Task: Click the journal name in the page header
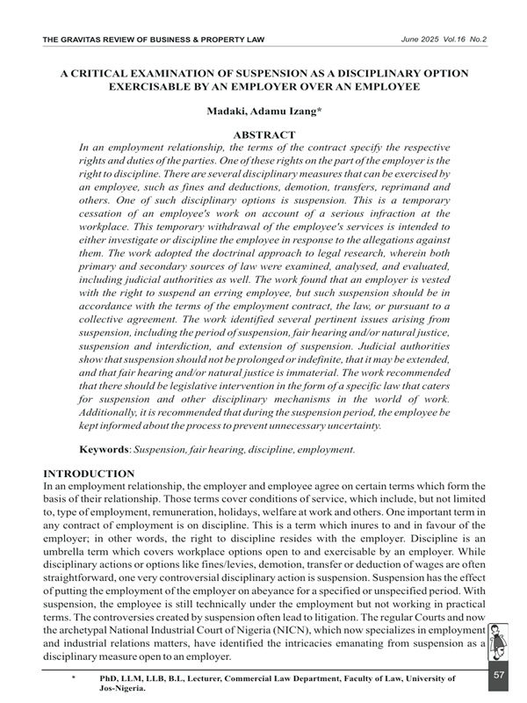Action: click(155, 40)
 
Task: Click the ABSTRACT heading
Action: click(263, 134)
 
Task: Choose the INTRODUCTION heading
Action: click(88, 474)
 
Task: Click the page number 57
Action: click(499, 675)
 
